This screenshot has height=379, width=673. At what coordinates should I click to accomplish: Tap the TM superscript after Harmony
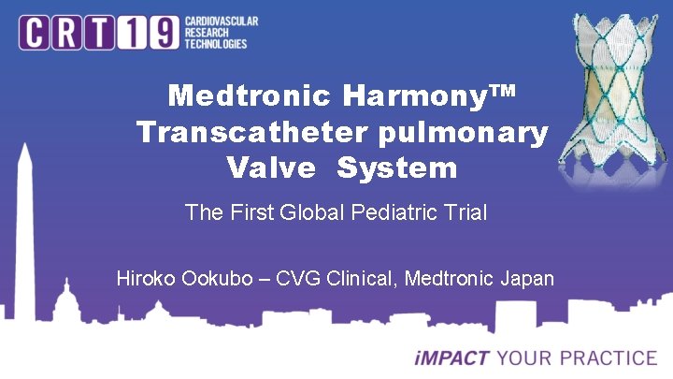501,91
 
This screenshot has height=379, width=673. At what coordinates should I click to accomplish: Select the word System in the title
397,169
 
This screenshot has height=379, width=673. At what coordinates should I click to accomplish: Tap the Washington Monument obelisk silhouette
24,243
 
